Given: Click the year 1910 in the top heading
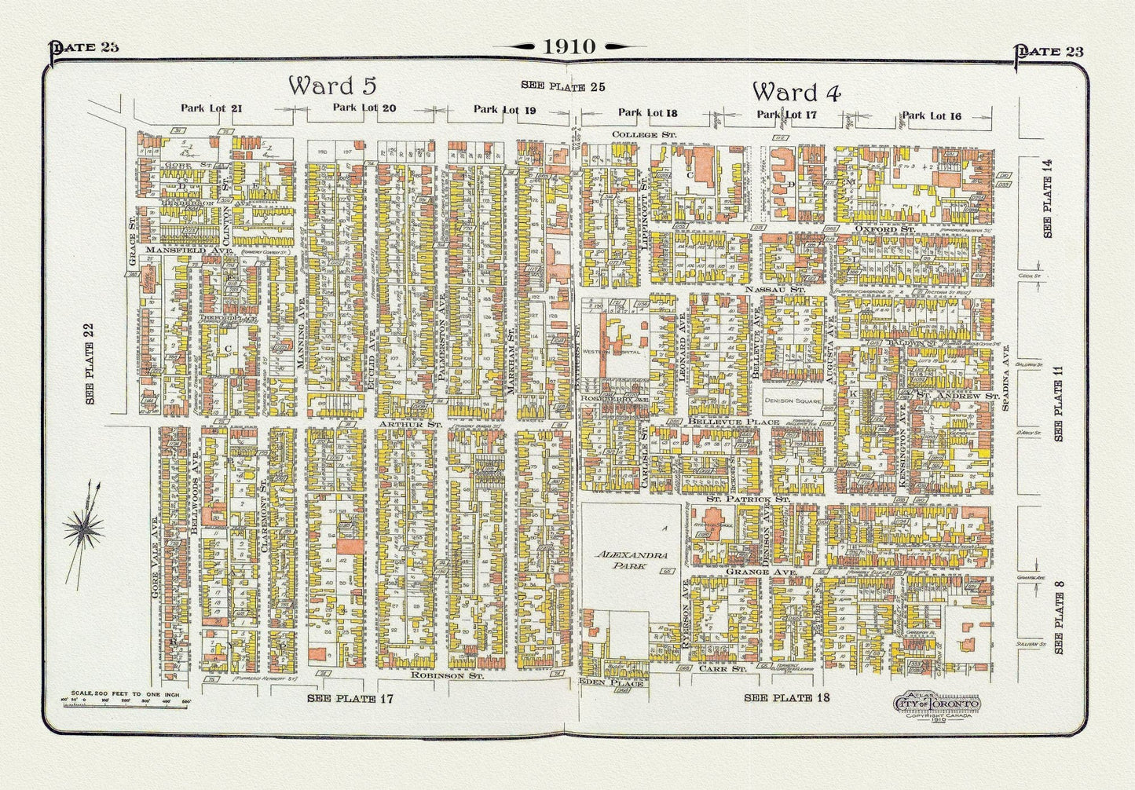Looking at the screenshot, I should pyautogui.click(x=568, y=46).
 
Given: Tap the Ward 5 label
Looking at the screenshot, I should pyautogui.click(x=332, y=85).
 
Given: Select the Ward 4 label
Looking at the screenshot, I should pyautogui.click(x=796, y=92).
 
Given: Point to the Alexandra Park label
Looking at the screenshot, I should pyautogui.click(x=632, y=559).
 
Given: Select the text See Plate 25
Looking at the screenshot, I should pyautogui.click(x=563, y=86).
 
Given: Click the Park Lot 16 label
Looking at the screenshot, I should pyautogui.click(x=931, y=115).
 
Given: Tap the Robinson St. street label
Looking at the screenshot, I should pyautogui.click(x=446, y=675).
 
